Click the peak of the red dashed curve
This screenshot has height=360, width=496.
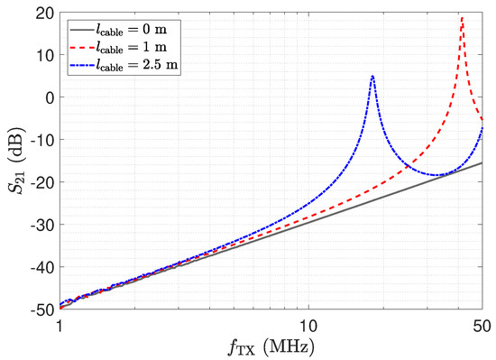point(463,18)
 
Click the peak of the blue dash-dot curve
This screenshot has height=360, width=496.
point(372,76)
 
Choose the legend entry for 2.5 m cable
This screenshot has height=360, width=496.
point(124,66)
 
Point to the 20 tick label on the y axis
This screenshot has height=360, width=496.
point(45,13)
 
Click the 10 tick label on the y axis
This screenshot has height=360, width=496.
point(45,55)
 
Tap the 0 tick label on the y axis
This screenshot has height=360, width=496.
point(50,97)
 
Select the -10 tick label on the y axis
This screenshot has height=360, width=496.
point(42,140)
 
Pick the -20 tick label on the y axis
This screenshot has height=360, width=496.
point(42,182)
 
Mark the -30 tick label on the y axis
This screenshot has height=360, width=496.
point(42,225)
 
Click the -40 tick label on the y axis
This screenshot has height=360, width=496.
point(42,267)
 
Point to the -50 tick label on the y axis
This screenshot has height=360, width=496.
point(42,310)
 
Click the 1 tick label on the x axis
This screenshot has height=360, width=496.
point(60,326)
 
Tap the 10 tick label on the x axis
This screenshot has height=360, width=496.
point(308,326)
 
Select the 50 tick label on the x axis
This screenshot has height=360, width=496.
point(482,326)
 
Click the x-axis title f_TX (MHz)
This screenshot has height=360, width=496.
point(271,347)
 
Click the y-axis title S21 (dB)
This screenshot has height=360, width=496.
point(16,161)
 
